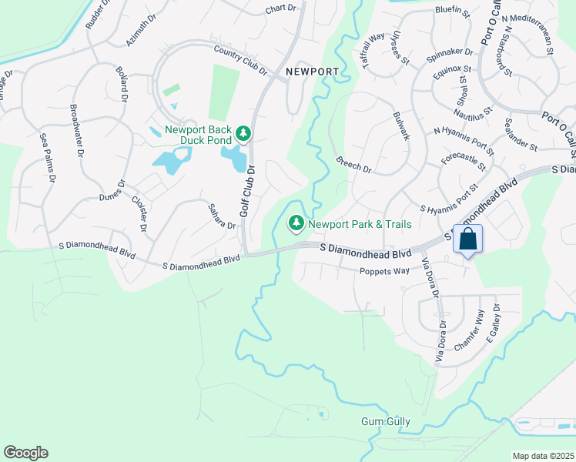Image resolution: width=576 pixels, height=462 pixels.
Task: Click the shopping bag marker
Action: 467,239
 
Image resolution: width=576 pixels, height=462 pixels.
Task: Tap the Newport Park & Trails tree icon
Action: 295,224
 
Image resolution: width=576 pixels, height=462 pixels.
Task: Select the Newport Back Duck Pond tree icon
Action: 243,134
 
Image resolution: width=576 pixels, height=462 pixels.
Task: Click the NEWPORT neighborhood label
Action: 312,72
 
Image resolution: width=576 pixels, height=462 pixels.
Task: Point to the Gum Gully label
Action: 386,422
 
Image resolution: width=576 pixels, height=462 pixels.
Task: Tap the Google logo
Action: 25,453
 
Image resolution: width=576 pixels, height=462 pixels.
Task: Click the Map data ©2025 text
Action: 543,456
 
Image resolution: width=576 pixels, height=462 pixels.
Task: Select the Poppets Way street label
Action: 384,271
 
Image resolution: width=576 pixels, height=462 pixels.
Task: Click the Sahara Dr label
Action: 221,216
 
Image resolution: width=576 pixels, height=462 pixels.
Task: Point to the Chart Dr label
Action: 280,8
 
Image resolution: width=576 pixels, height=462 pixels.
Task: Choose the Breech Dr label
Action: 353,165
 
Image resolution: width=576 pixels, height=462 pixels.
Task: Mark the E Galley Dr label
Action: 496,318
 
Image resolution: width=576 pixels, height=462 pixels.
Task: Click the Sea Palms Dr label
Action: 49,158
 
